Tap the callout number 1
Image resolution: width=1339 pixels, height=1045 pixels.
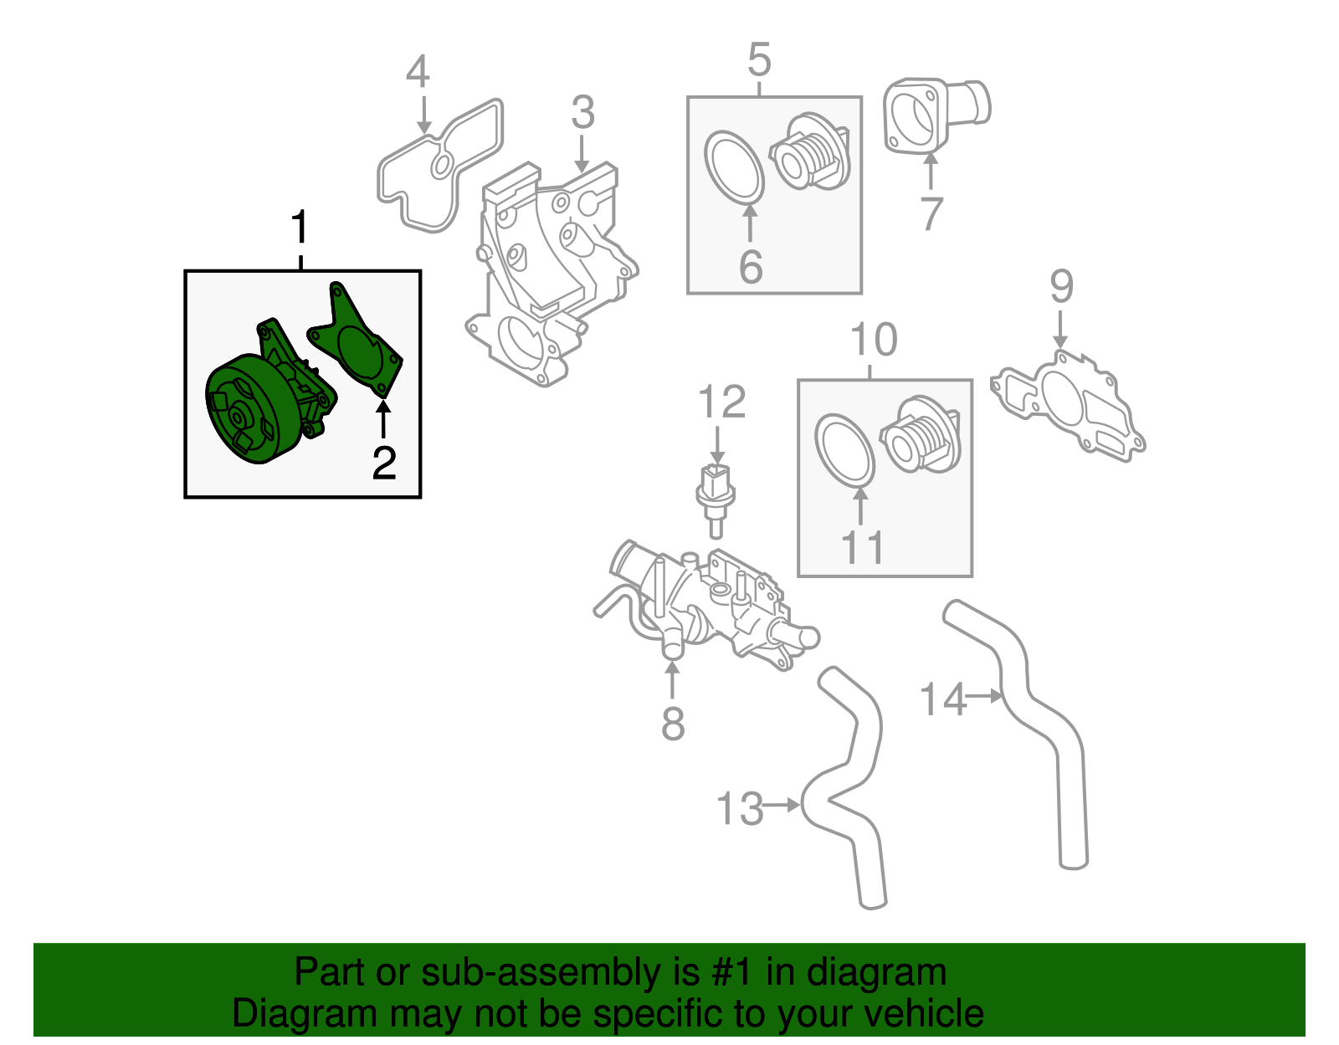pyautogui.click(x=300, y=229)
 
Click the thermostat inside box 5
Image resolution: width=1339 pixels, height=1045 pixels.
pyautogui.click(x=810, y=155)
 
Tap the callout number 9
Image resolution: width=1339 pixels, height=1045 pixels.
pyautogui.click(x=1061, y=287)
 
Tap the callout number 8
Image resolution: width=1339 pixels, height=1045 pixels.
pyautogui.click(x=673, y=724)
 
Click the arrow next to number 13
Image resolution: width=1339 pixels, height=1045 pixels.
pyautogui.click(x=783, y=805)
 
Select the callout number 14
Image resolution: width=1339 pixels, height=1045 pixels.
pyautogui.click(x=942, y=699)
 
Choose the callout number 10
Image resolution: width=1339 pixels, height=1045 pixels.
pyautogui.click(x=874, y=340)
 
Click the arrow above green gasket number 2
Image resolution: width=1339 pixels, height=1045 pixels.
pyautogui.click(x=383, y=419)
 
